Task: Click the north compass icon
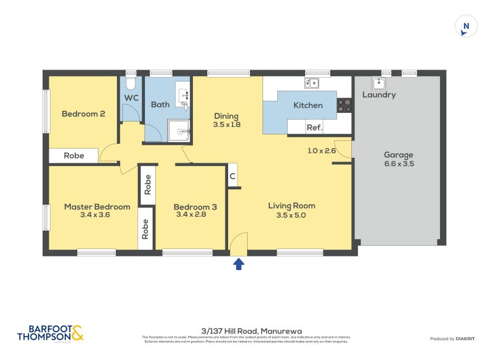467,26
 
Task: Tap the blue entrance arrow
238,264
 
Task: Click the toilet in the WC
131,83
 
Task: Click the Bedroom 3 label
195,207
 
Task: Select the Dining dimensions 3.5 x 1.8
226,125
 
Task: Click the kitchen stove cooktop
344,105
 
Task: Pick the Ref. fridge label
314,128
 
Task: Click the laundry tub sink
378,83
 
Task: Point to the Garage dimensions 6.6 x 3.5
398,164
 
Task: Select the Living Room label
291,206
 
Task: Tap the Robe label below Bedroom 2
74,156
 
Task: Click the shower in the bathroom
181,130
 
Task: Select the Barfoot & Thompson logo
51,333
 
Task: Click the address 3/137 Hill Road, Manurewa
246,331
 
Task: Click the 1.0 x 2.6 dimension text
322,150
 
